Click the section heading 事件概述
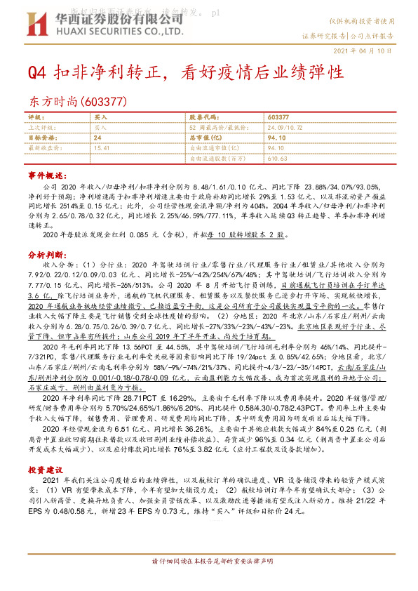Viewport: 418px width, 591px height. click(x=46, y=173)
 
